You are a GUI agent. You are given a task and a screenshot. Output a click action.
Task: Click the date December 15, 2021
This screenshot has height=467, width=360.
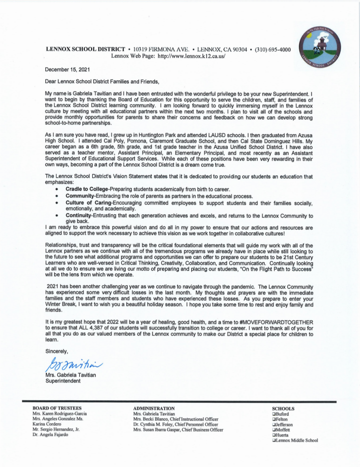(x=68, y=70)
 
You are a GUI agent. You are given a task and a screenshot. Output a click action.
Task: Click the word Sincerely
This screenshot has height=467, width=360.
(x=57, y=351)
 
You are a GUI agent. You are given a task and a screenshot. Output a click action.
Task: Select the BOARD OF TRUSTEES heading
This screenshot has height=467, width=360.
(x=57, y=408)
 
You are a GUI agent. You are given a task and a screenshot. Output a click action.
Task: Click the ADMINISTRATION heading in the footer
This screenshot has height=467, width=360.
(x=154, y=408)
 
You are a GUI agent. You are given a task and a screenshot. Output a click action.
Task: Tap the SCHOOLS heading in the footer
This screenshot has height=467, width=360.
(x=283, y=409)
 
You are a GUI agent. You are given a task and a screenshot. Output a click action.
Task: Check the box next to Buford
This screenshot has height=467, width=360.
(x=275, y=414)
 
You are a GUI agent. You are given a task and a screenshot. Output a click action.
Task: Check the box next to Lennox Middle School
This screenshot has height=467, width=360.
(x=275, y=441)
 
